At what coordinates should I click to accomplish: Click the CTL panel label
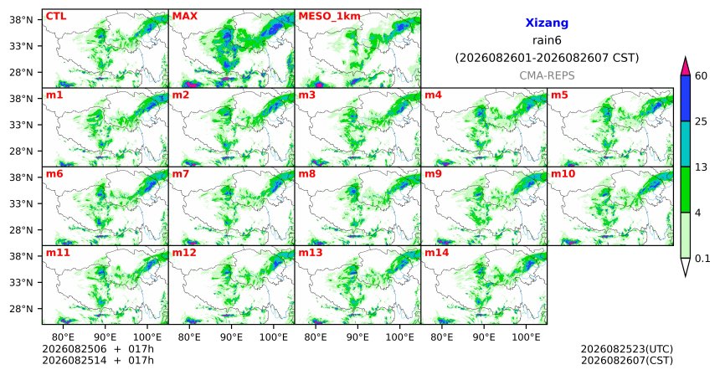click(x=56, y=16)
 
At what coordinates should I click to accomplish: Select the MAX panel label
click(x=184, y=16)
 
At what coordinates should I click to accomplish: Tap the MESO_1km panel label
click(x=329, y=17)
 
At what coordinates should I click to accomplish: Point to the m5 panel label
click(x=559, y=95)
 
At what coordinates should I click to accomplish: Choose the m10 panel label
click(x=563, y=174)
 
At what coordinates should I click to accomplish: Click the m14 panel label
click(x=437, y=253)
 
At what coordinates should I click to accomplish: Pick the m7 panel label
click(x=181, y=174)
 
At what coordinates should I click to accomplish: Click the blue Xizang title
click(x=547, y=23)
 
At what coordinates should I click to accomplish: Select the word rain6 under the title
click(x=547, y=40)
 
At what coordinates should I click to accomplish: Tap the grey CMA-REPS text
click(x=547, y=75)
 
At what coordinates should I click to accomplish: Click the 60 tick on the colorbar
click(x=701, y=75)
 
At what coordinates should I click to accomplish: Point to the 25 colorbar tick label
click(x=701, y=121)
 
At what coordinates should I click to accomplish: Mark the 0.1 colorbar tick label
click(x=702, y=259)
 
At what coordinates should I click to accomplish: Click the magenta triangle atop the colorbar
click(x=685, y=67)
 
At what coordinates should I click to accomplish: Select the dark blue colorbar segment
click(x=685, y=98)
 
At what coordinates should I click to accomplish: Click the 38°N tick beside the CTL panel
click(x=21, y=20)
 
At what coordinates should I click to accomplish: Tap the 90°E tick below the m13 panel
click(x=357, y=337)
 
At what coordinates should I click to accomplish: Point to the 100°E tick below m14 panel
click(x=526, y=337)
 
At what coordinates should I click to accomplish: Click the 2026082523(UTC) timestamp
click(x=627, y=350)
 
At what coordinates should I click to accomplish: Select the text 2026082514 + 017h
click(x=98, y=361)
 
